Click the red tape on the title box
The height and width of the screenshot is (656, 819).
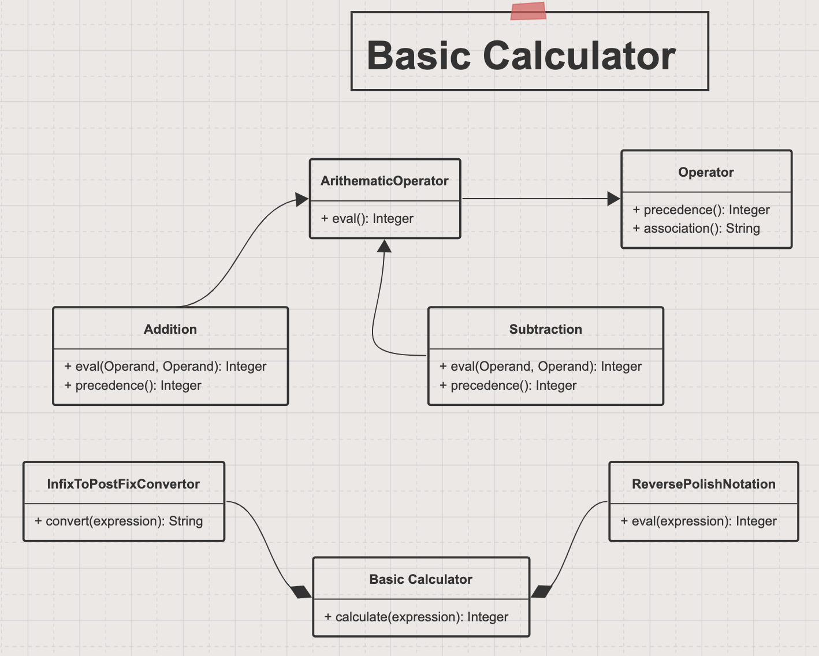[x=528, y=10]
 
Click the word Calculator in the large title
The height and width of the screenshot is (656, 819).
[x=579, y=56]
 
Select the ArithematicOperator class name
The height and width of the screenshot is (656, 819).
[x=385, y=181]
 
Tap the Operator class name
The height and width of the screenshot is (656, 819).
[x=706, y=172]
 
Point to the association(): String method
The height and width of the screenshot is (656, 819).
[x=696, y=228]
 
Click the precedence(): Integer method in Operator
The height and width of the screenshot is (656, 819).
[x=701, y=210]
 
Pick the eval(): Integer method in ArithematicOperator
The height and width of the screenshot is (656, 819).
[x=367, y=218]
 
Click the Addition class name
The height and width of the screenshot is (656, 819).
[x=170, y=329]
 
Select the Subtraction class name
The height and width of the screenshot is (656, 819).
[x=545, y=329]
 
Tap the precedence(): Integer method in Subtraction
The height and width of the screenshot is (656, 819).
[x=508, y=385]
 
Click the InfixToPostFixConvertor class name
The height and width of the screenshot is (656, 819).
[x=123, y=484]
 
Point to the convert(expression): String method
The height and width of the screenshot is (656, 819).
[x=118, y=521]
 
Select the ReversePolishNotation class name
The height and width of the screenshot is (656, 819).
[x=703, y=484]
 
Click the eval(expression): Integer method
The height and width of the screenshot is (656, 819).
[x=698, y=521]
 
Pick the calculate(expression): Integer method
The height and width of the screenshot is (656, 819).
[x=416, y=617]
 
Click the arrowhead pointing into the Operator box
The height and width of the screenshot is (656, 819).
[x=613, y=199]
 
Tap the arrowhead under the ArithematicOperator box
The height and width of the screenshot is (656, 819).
[x=385, y=246]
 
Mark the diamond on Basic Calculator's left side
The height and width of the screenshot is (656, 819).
[x=301, y=592]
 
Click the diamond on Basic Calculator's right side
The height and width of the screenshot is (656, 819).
[x=541, y=592]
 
